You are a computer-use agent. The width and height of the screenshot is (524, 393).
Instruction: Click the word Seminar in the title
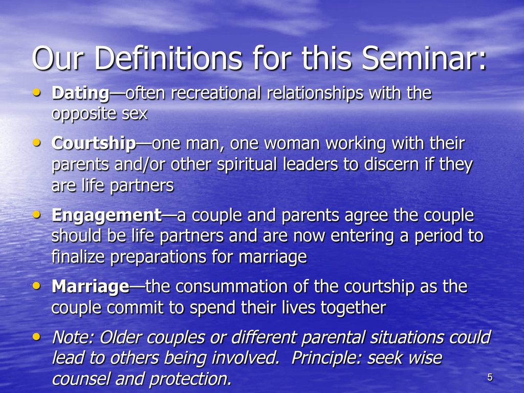coord(424,58)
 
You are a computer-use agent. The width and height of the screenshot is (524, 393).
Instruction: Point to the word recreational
coord(215,93)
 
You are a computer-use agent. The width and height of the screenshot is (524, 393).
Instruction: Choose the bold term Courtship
coord(94,144)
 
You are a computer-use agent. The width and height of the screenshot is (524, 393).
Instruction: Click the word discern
coord(391,164)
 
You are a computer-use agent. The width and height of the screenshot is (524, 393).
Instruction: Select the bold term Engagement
coord(107,216)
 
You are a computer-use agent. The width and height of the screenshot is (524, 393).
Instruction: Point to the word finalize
coord(78,257)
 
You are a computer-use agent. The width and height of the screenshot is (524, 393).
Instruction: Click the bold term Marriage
coord(91,287)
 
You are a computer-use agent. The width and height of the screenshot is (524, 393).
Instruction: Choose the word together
coord(353,308)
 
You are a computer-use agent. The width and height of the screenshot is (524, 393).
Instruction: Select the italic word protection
coord(190,379)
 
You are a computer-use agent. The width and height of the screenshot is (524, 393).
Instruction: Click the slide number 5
coord(490,377)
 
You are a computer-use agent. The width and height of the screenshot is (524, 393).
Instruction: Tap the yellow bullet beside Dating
coord(36,92)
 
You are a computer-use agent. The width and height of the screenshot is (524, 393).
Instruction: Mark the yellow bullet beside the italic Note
coord(36,337)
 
